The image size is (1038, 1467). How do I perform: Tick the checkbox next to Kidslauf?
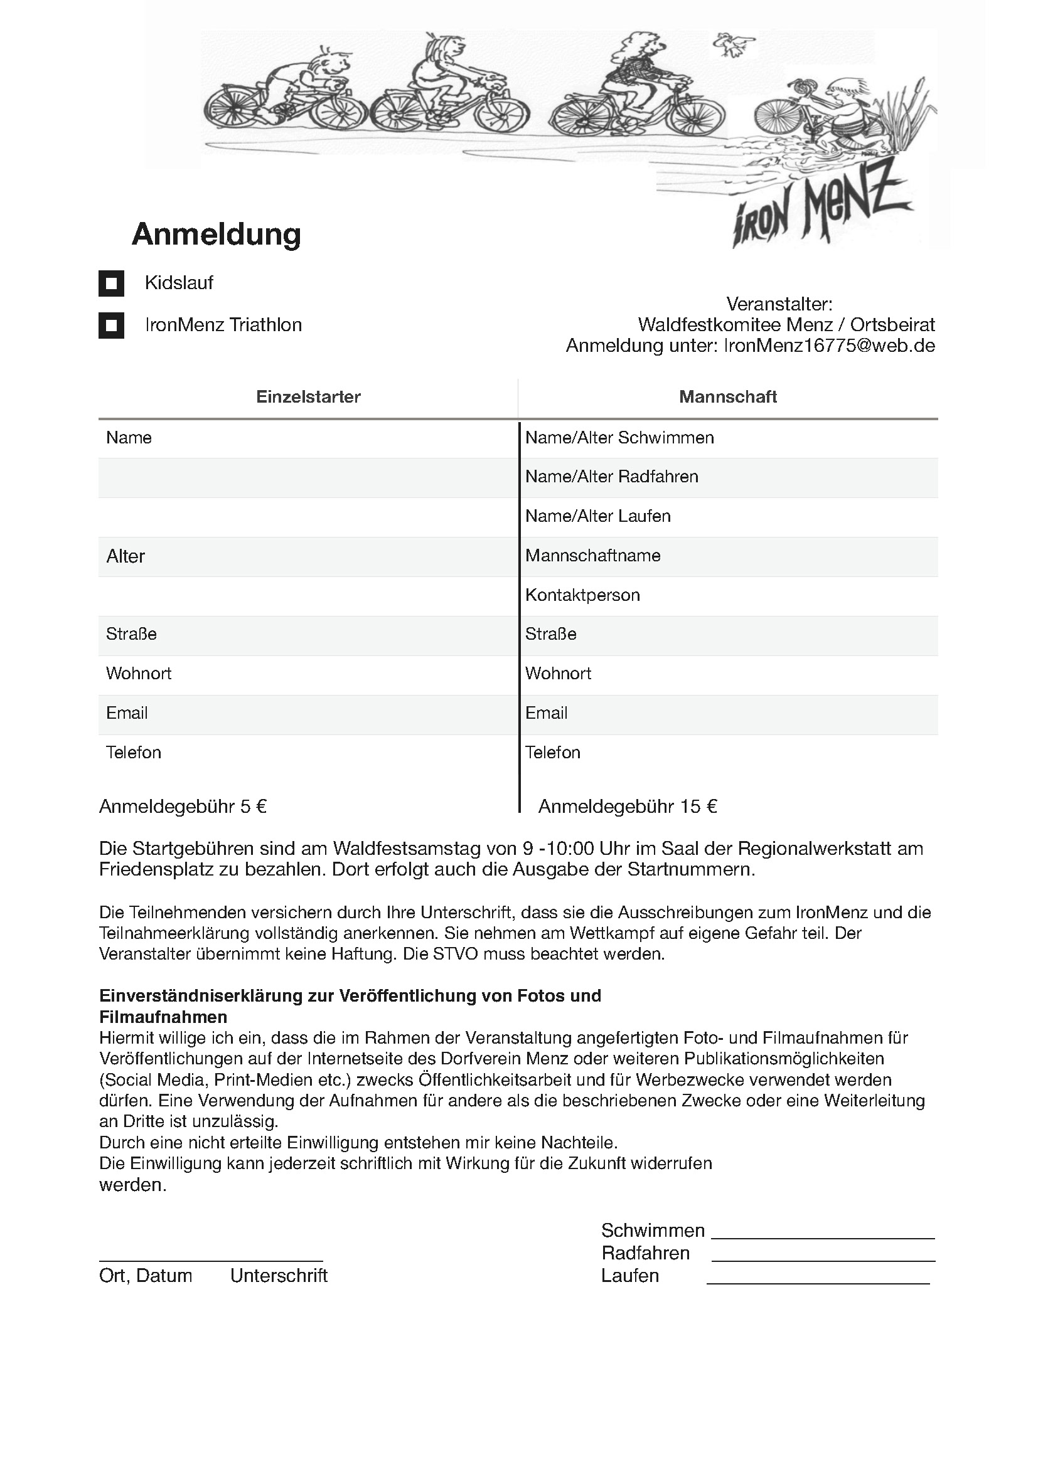[111, 283]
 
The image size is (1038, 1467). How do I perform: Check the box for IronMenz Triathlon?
[111, 326]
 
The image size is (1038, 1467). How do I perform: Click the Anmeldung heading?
[216, 234]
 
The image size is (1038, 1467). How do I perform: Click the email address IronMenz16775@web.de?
[829, 346]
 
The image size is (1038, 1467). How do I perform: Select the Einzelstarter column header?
[308, 397]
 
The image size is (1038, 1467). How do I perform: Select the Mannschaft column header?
[727, 397]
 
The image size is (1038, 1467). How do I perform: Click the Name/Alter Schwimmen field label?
[619, 438]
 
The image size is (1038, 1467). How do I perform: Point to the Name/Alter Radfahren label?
[612, 477]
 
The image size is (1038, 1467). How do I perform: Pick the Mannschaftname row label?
[592, 555]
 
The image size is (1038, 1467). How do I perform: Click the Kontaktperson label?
[582, 595]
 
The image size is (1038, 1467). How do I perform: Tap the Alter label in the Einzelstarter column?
[126, 556]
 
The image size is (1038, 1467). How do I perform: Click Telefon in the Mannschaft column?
[552, 752]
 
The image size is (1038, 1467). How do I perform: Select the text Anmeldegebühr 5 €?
[183, 807]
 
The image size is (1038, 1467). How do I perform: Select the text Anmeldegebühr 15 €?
[627, 807]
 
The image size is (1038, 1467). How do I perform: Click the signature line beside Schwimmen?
[823, 1237]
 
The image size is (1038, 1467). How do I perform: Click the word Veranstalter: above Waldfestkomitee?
[779, 304]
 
